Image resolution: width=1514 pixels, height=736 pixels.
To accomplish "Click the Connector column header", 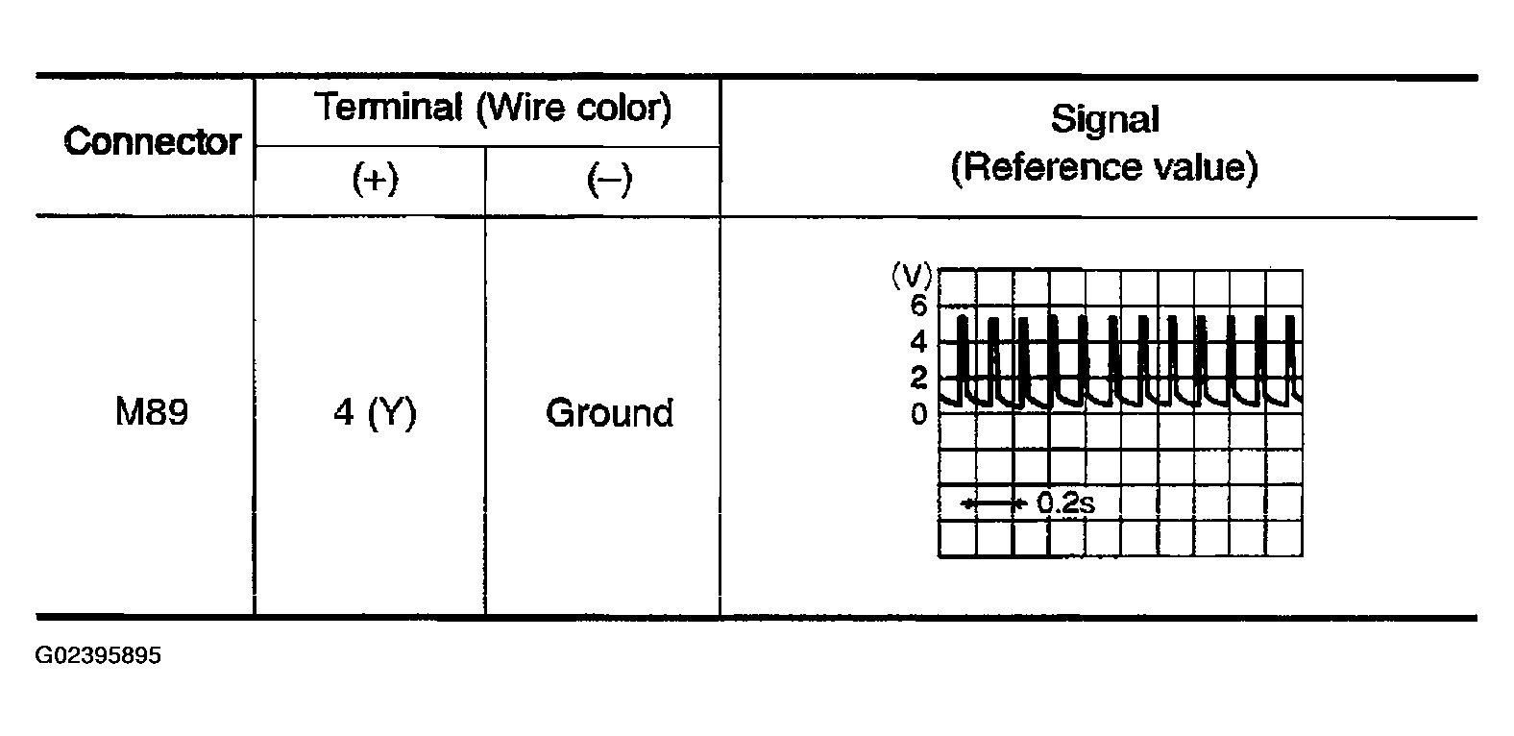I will coord(152,142).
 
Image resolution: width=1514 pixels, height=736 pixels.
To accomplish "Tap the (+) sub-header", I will coord(375,180).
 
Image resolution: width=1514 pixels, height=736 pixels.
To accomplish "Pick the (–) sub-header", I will coord(609,180).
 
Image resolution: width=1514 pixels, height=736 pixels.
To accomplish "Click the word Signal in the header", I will coord(1104,119).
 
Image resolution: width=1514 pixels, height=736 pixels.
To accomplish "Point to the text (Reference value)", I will coord(1104,167).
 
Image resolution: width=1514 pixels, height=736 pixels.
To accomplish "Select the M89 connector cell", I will coord(152,413).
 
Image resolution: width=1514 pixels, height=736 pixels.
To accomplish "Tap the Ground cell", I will coord(609,413).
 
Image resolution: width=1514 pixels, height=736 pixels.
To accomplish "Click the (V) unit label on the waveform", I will coord(911,278).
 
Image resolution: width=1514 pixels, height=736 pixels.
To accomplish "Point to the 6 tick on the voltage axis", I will coord(919,307).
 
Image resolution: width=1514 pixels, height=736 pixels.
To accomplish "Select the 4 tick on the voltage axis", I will coord(919,342).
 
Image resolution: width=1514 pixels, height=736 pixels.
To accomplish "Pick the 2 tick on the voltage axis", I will coord(919,379).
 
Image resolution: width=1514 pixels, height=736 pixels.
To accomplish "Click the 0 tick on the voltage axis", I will coord(919,415).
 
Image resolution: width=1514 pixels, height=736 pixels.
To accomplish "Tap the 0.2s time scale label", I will coord(1065,503).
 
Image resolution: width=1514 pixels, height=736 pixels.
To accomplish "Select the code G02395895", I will coord(98,656).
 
